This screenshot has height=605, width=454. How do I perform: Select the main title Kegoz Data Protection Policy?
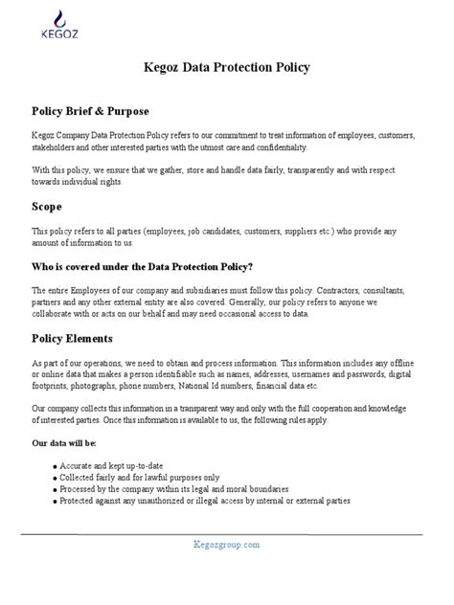click(227, 69)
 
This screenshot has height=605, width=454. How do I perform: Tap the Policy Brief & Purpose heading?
click(91, 112)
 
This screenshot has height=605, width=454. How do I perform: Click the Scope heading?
click(47, 206)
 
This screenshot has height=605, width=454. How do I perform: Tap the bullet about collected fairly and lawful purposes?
click(139, 476)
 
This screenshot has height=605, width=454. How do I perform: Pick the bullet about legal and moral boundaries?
click(168, 488)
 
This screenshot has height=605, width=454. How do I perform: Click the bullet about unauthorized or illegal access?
click(204, 500)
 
